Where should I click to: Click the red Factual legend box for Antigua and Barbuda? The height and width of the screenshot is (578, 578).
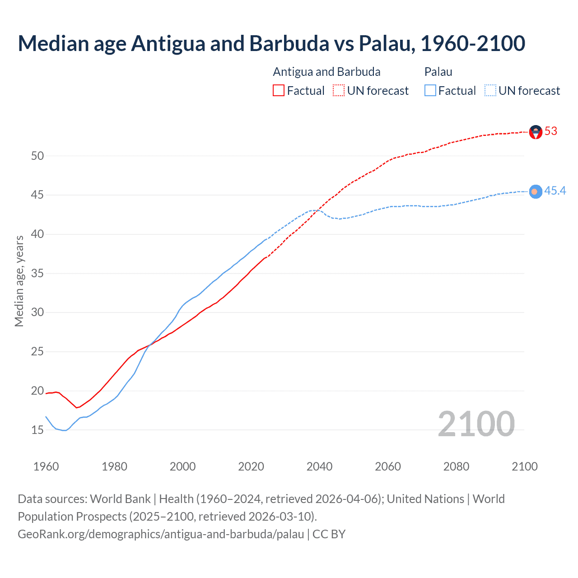coord(279,91)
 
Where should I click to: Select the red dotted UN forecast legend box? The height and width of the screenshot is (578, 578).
coord(339,91)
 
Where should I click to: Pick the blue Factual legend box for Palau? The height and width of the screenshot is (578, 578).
coord(430,91)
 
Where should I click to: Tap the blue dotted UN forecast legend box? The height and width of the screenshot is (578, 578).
coord(490,91)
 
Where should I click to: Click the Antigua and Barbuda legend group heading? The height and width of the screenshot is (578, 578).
coord(326,72)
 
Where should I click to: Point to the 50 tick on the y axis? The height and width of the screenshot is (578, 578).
coord(37,156)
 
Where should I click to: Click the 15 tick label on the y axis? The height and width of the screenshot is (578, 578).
coord(37,430)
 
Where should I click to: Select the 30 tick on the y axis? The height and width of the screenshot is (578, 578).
coord(37,312)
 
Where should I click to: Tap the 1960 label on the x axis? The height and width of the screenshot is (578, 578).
coord(46,466)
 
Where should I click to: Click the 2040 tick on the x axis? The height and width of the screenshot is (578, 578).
coord(319,466)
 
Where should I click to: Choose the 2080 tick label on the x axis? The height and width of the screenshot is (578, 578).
coord(456,466)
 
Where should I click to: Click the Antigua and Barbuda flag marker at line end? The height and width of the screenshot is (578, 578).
coord(536,132)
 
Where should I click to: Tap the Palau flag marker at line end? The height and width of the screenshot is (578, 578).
coord(536,192)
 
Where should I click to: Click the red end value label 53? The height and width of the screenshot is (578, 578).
coord(551,131)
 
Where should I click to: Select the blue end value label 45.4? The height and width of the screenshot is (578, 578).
coord(555,191)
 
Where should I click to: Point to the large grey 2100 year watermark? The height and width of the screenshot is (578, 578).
coord(476,424)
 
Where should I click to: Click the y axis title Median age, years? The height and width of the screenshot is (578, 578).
coord(19,281)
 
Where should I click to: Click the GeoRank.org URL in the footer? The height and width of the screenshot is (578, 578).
coord(161,534)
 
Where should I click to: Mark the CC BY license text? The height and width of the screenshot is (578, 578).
coord(329,534)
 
